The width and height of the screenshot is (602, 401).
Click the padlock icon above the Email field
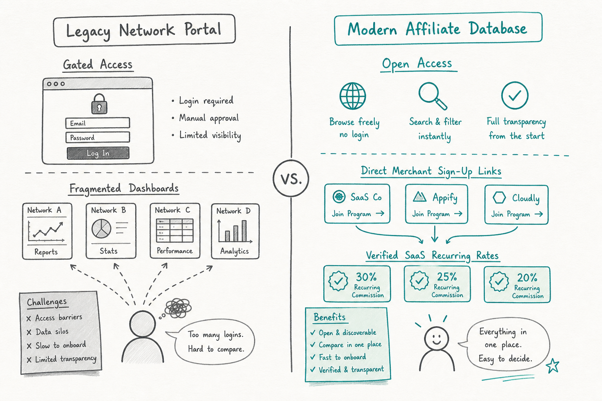coord(99,104)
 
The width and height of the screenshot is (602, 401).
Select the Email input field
coord(98,123)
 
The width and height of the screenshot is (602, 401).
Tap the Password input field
coord(98,137)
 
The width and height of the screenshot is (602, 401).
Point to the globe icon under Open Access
coord(353,96)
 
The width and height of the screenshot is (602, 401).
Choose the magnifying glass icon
coord(432,96)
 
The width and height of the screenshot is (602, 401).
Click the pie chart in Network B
coord(102,229)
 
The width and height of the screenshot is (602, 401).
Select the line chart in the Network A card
coord(46,232)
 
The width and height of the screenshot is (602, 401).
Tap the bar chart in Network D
coord(235,231)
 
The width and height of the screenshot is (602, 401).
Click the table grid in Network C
coord(175,230)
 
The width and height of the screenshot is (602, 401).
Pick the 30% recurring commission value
coord(366,276)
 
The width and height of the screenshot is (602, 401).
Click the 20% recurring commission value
coord(527,278)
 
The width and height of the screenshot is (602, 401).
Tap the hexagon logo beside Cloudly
coord(499,198)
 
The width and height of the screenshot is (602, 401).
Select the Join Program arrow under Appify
coord(458,213)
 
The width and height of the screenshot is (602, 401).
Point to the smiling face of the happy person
coord(437,338)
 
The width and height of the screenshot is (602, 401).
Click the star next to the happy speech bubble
coord(553,365)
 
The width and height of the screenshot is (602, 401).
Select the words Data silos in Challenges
coord(52,332)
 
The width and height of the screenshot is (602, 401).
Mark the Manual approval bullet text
coord(209,118)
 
